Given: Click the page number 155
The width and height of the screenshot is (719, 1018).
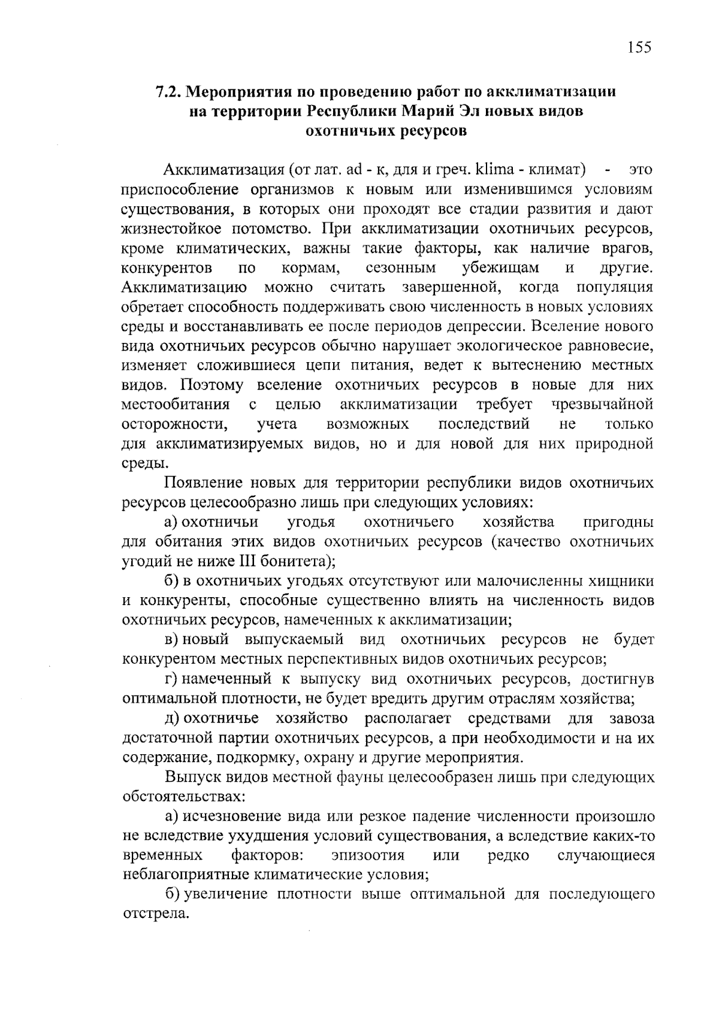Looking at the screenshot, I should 639,47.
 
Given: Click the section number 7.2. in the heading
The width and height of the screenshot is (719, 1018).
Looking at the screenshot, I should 170,92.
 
